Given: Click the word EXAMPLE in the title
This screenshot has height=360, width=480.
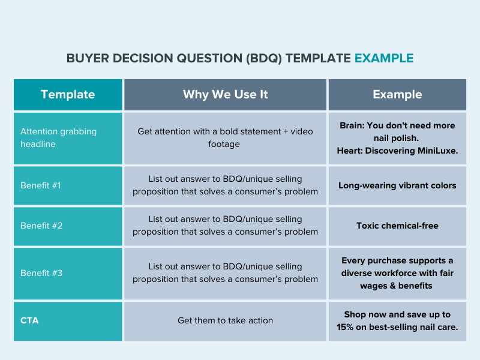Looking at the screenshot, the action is point(384,58).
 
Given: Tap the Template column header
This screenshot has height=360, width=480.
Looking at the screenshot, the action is point(68,94).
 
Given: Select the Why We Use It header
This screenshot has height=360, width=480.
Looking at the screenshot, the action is point(226,94).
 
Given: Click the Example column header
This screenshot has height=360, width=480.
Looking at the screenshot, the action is point(397,94).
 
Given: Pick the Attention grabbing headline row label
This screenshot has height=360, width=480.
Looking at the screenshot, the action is point(58,138).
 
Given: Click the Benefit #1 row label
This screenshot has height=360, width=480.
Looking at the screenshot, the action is point(40,185).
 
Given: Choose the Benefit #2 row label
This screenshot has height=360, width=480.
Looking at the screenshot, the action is point(41,226).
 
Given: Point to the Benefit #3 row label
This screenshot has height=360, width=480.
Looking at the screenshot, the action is point(41,273).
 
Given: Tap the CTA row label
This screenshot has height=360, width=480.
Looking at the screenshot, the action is point(29,320).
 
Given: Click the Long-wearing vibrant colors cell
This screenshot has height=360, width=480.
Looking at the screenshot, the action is point(397,185).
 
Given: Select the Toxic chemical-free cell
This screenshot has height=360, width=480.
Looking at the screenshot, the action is point(397,226).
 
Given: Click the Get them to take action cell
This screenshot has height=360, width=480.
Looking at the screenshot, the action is point(226,320).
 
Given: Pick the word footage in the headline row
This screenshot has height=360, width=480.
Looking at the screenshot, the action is point(224,144).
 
